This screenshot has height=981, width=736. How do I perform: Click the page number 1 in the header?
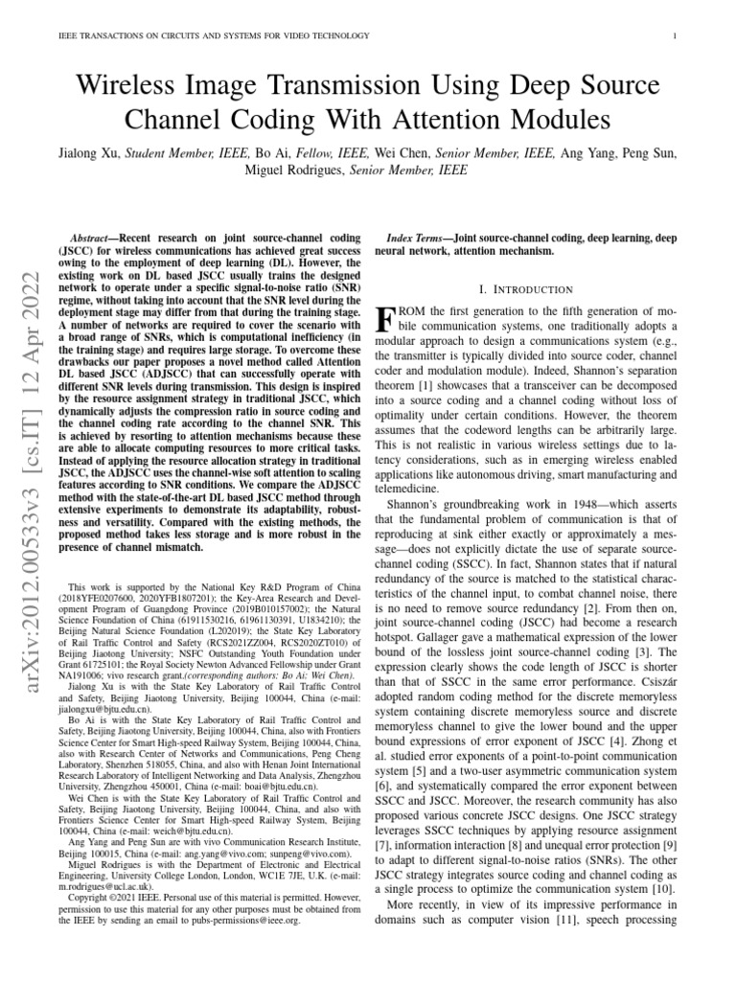(x=677, y=36)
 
